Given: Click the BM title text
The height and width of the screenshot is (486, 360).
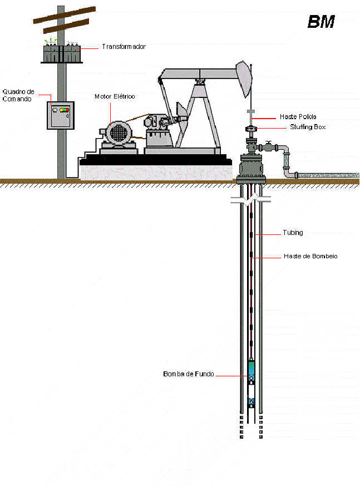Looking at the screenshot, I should pyautogui.click(x=321, y=22).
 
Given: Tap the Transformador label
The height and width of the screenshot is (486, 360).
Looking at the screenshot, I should pyautogui.click(x=124, y=47).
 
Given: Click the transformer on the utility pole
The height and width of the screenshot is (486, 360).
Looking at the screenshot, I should pyautogui.click(x=61, y=53).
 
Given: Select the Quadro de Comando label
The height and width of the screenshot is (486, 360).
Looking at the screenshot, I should pyautogui.click(x=18, y=95).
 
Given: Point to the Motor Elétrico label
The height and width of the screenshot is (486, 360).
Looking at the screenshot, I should pyautogui.click(x=115, y=96).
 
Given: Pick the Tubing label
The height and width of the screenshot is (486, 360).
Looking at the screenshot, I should pyautogui.click(x=293, y=233).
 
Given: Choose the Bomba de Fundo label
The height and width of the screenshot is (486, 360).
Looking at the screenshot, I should pyautogui.click(x=188, y=374).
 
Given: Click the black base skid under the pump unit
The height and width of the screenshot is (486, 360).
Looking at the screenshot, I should pyautogui.click(x=155, y=160).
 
